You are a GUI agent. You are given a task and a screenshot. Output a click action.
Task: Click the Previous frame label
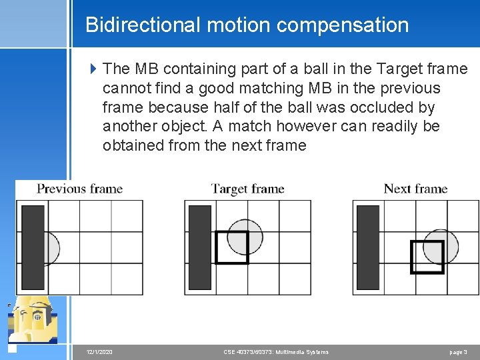(79, 189)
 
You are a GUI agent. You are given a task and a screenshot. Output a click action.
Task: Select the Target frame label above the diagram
(247, 189)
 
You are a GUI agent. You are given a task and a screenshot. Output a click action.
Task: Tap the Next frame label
(415, 189)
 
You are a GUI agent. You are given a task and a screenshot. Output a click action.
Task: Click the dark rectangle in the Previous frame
(33, 247)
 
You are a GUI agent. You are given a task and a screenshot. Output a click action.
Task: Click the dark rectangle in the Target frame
(199, 247)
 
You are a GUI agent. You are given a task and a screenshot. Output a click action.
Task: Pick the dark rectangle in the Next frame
(369, 247)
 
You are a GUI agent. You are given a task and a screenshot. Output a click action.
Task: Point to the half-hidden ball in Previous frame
(52, 248)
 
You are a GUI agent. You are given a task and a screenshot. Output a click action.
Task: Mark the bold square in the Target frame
(231, 247)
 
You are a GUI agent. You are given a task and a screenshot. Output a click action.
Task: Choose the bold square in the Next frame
(427, 257)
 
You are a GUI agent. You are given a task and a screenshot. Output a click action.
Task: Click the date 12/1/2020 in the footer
(99, 352)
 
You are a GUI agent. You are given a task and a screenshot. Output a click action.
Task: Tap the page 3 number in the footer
(458, 352)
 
